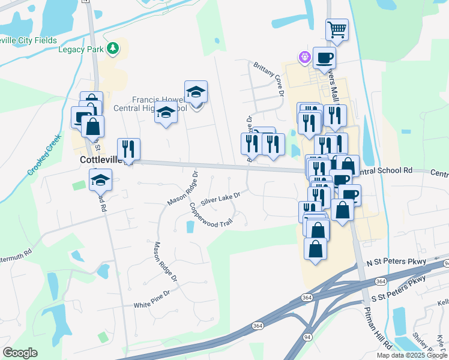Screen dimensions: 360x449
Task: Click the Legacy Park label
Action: (x=81, y=49)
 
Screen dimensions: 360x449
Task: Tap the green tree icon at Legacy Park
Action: (x=112, y=48)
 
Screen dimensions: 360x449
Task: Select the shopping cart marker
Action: (x=337, y=29)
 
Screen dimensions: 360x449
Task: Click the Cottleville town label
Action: (x=100, y=160)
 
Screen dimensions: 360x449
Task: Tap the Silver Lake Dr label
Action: (x=221, y=199)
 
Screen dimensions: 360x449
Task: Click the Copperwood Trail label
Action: (x=210, y=215)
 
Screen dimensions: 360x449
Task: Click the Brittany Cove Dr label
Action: (x=268, y=78)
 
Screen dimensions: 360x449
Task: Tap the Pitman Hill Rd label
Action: (x=377, y=329)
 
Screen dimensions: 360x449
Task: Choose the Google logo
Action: (x=20, y=353)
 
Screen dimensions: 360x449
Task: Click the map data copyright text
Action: (x=412, y=355)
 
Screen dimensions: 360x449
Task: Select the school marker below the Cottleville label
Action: (x=101, y=179)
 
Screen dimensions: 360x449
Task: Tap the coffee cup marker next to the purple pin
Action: (x=324, y=58)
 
